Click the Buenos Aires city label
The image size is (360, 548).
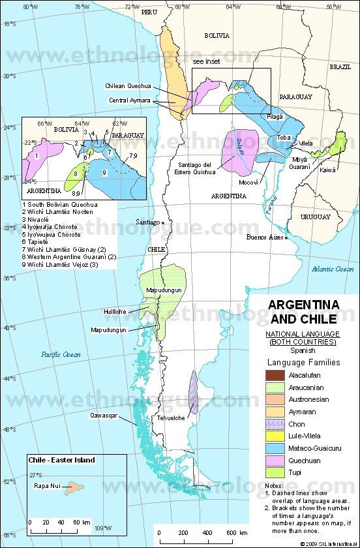click(x=265, y=238)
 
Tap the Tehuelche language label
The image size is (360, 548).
click(x=172, y=418)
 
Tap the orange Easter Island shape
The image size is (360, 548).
click(x=74, y=486)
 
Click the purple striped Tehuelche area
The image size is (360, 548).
click(x=193, y=392)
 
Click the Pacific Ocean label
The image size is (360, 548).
click(x=60, y=354)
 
